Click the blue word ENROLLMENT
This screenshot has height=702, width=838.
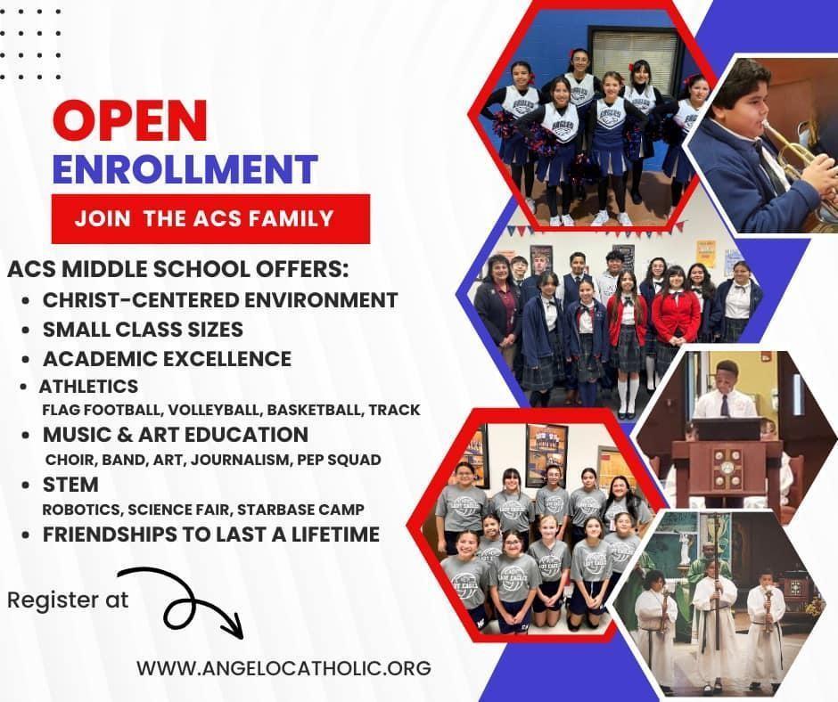point(185,169)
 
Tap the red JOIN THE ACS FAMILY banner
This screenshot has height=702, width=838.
point(210,218)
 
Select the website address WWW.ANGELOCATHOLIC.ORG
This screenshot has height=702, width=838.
point(283,668)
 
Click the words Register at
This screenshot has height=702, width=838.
point(68,600)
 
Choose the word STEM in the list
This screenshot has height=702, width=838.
point(70,485)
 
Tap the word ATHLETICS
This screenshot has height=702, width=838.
point(89,387)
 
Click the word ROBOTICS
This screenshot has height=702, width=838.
point(82,510)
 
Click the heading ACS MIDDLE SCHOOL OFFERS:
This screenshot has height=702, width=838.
point(178,269)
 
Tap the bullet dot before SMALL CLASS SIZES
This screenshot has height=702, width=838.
point(25,331)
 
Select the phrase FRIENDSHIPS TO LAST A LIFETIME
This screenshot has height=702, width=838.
point(211,535)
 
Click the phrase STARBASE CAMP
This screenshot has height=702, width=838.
point(300,510)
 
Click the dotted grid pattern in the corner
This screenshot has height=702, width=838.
point(29,44)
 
